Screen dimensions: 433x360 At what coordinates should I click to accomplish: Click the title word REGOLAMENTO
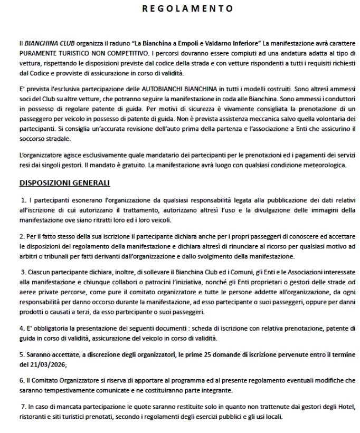point(180,8)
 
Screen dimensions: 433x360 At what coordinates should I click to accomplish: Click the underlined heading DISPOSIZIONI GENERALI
point(64,184)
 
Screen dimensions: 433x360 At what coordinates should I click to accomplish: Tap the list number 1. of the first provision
point(24,200)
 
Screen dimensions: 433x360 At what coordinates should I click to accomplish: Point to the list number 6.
point(22,380)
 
